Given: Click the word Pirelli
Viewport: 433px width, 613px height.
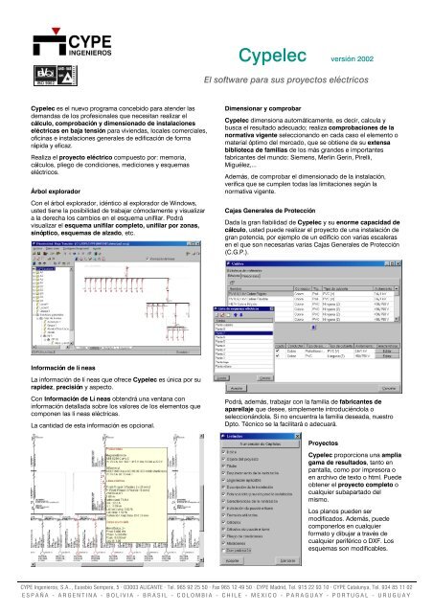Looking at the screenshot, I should tap(395, 156).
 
